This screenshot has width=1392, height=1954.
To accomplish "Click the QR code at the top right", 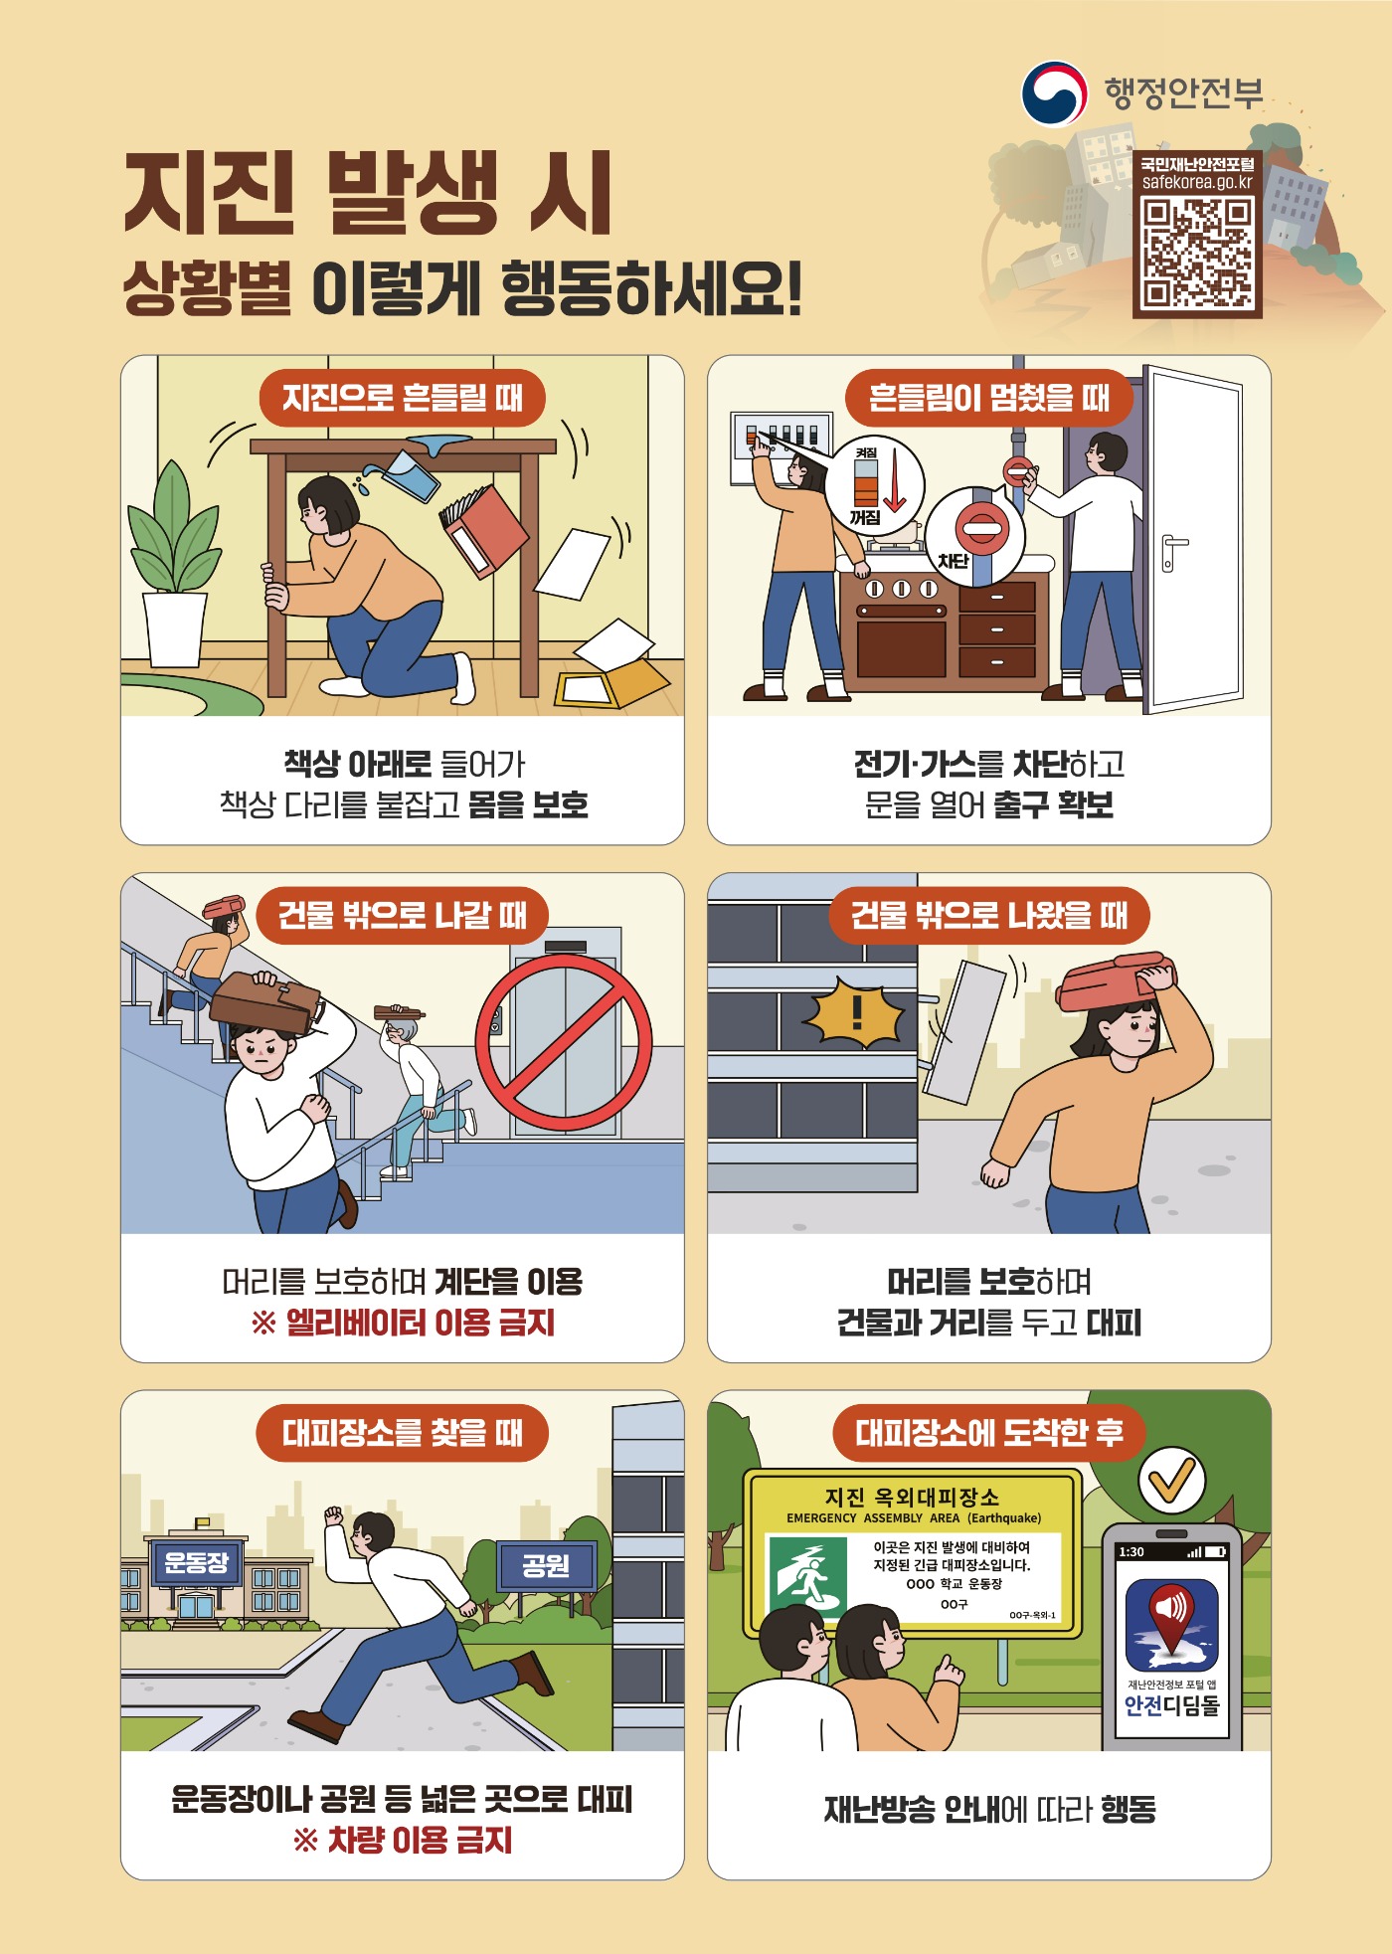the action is (x=1197, y=252).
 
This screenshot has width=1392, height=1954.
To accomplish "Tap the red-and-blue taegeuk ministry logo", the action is (x=1054, y=94).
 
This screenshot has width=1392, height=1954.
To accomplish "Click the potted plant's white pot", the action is (x=175, y=628).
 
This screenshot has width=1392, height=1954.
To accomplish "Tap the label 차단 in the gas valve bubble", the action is (x=953, y=561).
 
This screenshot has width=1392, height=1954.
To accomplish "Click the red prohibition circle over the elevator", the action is (x=564, y=1043).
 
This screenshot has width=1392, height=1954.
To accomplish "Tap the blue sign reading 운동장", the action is (x=196, y=1562).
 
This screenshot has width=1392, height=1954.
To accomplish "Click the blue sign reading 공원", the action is (x=546, y=1566).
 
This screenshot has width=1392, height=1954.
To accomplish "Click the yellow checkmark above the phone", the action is (x=1171, y=1481).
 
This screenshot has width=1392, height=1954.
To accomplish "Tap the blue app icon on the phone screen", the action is (x=1171, y=1626).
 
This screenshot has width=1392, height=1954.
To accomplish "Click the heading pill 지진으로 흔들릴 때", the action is (x=403, y=398).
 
